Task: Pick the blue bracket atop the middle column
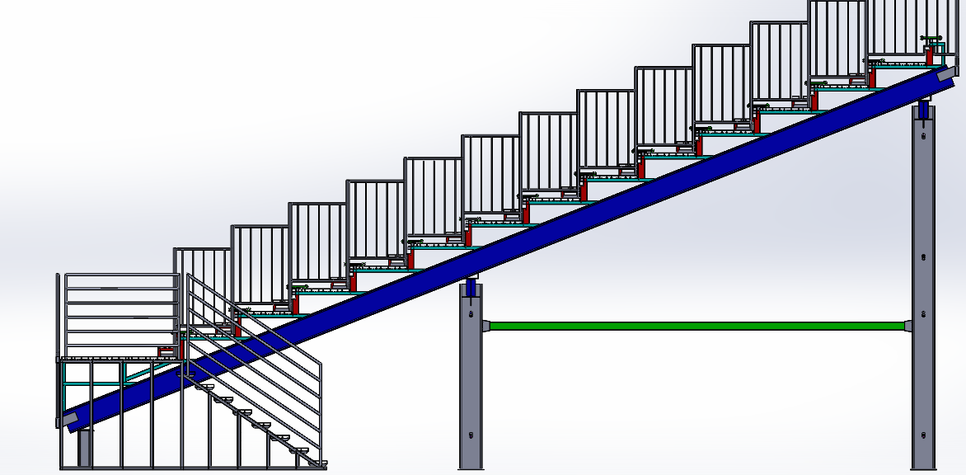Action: pos(471,288)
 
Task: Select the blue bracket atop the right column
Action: pos(923,110)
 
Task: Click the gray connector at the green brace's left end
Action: pos(485,326)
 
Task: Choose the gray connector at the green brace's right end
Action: pos(908,326)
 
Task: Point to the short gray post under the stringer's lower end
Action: pos(84,445)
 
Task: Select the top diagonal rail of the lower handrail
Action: pos(256,320)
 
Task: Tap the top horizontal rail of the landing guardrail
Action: pos(122,275)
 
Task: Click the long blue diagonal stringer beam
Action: pos(495,247)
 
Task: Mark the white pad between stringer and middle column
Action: pos(471,277)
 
